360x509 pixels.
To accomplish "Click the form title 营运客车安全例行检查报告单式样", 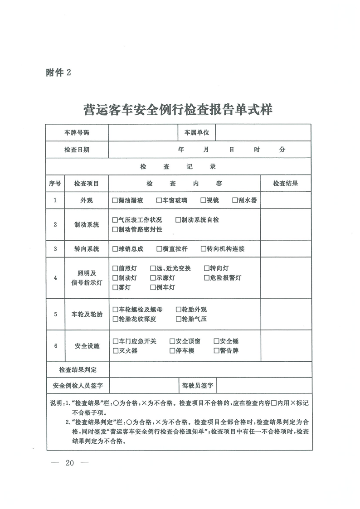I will click(x=178, y=110).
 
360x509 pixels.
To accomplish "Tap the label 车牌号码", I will click(x=77, y=133).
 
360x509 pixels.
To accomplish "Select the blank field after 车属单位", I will click(x=263, y=133).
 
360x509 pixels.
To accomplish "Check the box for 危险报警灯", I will click(x=207, y=278).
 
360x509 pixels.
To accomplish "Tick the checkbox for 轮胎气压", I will click(x=178, y=319).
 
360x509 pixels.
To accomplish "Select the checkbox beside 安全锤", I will click(x=216, y=341).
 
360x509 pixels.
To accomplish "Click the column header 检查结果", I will click(x=285, y=184).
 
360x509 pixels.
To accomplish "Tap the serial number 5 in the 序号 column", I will click(x=55, y=314).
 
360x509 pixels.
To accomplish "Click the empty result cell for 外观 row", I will click(x=285, y=200).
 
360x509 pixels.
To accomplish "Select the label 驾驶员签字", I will click(x=197, y=386).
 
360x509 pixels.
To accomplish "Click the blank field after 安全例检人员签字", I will click(x=143, y=386).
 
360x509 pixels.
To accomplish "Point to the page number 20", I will click(x=70, y=463).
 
